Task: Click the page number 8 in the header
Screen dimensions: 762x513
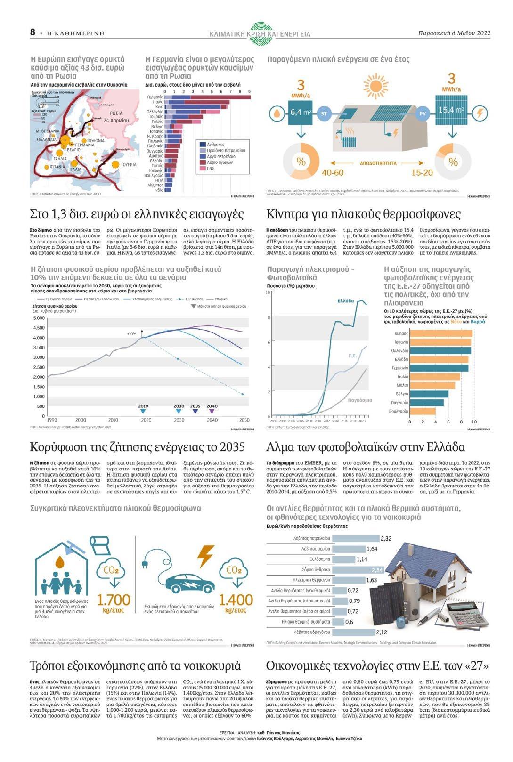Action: click(33, 32)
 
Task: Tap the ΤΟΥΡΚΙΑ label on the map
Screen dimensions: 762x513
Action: click(129, 165)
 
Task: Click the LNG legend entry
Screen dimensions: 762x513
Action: click(210, 168)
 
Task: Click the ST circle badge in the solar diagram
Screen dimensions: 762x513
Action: click(324, 113)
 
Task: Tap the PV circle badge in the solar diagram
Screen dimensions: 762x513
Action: click(423, 113)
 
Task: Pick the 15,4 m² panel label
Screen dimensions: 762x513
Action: click(451, 110)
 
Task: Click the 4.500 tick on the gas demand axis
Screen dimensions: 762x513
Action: click(39, 328)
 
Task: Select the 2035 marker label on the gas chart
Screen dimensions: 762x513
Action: click(195, 406)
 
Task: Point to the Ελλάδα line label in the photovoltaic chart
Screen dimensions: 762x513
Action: click(345, 301)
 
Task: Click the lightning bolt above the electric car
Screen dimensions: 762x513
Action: click(205, 556)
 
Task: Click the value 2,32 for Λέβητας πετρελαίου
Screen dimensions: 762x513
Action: click(386, 538)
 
